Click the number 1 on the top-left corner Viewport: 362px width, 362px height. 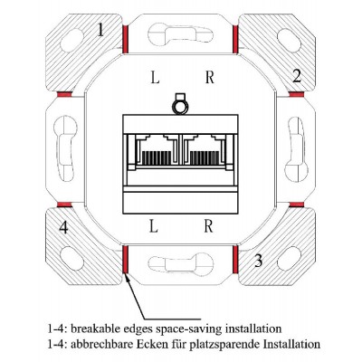101,30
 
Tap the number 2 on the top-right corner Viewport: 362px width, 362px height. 297,76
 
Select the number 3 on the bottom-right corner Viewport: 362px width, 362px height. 258,261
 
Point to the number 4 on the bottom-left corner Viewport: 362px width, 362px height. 63,227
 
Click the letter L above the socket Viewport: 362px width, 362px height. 155,77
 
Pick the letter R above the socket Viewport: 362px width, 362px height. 210,77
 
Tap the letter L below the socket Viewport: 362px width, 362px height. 154,226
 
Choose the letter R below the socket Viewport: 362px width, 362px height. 208,226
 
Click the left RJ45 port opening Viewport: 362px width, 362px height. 155,150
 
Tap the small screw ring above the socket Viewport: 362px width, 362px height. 180,108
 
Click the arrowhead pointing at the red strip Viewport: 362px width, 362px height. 128,277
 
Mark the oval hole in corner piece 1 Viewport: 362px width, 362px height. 71,40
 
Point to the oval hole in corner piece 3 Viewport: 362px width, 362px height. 290,259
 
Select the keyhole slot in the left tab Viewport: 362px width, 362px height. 64,148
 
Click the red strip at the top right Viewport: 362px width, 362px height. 235,39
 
